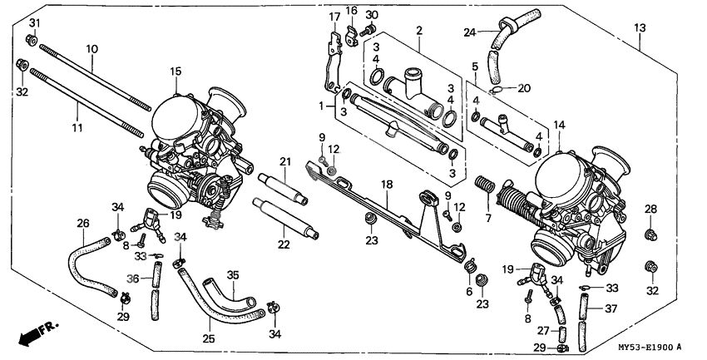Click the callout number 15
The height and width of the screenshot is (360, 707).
176,72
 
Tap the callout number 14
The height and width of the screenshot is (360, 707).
560,125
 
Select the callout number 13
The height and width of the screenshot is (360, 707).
640,28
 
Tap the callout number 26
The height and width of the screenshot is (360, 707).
82,223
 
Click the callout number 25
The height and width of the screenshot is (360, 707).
208,339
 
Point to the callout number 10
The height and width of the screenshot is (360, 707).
91,49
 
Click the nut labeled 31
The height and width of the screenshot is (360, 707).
31,39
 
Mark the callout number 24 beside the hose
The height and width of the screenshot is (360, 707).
469,33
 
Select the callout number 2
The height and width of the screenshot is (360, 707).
419,31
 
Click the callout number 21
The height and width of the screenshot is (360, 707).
284,161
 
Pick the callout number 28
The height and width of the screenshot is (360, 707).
650,209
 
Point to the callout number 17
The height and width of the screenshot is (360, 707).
334,17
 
